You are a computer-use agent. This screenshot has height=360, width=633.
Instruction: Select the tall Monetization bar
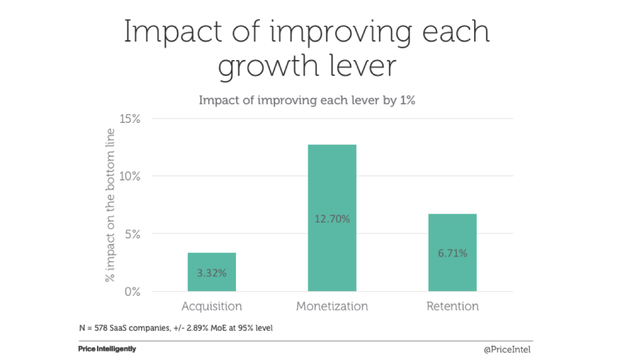pos(332,182)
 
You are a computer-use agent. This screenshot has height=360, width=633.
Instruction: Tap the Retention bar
pos(452,237)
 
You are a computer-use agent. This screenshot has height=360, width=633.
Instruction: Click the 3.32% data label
pos(212,273)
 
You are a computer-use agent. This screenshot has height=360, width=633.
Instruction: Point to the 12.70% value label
pos(332,219)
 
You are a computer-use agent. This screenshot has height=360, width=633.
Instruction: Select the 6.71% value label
pos(452,253)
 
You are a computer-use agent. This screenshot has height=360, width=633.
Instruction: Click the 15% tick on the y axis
pos(130,119)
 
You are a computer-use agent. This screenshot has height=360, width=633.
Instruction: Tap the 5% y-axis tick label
pos(132,234)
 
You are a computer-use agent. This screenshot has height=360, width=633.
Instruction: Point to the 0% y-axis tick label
pos(132,292)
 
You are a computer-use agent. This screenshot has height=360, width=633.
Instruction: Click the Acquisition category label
pos(212,307)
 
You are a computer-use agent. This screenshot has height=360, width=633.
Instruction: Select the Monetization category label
pos(332,307)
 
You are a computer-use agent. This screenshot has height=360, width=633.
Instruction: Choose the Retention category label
pos(452,307)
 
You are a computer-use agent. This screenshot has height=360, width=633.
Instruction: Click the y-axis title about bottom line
pos(110,205)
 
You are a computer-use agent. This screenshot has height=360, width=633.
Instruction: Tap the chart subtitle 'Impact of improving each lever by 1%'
pos(307,101)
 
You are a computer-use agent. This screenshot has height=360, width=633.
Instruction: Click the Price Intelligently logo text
pos(107,349)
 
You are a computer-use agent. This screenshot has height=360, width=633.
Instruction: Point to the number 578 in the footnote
pos(98,328)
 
